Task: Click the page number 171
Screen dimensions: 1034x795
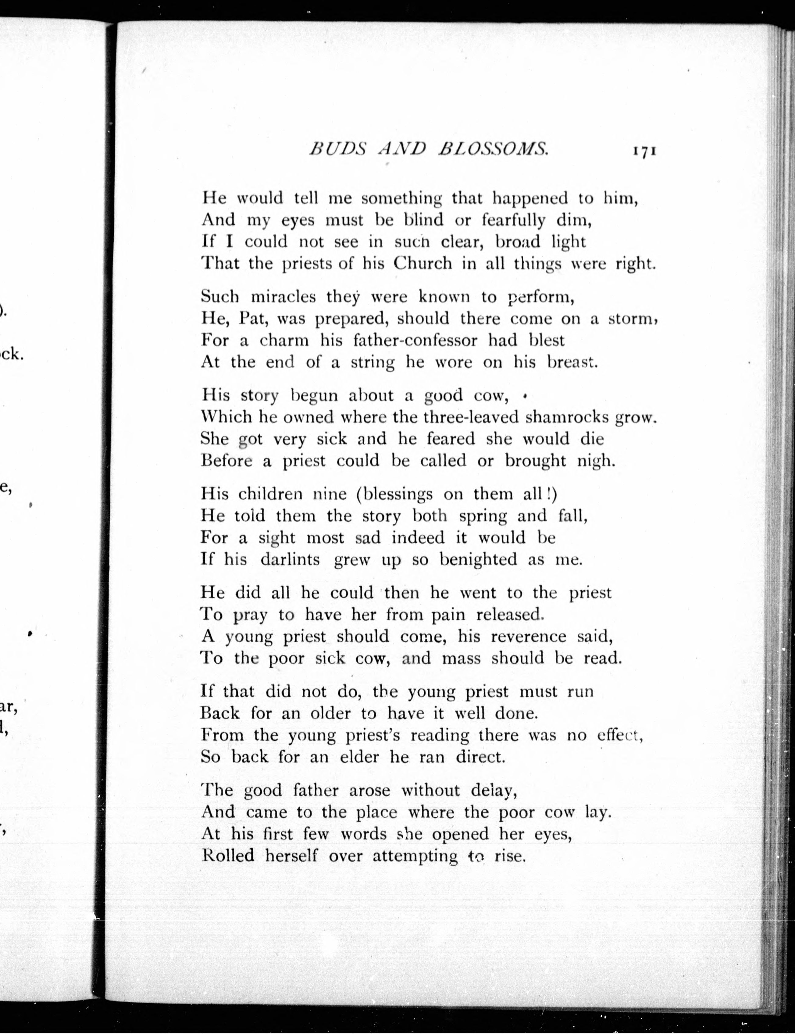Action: [642, 151]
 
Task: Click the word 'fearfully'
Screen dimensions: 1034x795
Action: [513, 220]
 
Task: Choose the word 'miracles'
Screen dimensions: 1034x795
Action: [283, 297]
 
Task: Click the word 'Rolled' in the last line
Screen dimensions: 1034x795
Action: [228, 856]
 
